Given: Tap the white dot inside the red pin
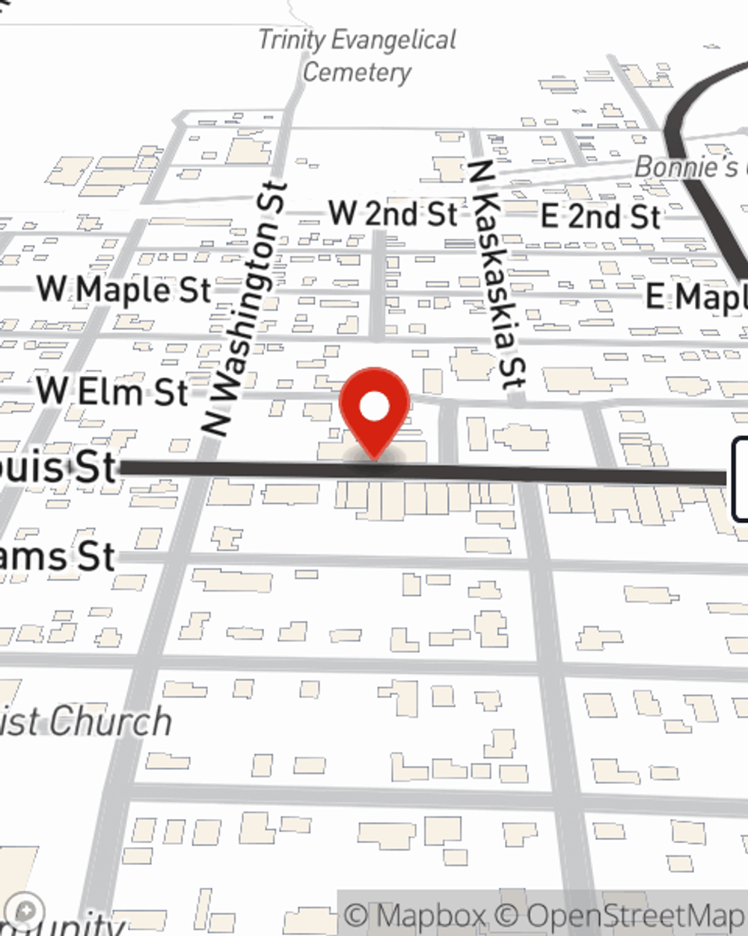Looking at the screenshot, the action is [375, 407].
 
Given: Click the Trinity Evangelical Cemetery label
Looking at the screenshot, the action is [357, 55].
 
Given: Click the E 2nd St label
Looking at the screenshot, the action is [601, 216].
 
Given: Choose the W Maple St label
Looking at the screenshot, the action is [125, 290].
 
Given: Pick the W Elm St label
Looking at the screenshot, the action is [113, 391].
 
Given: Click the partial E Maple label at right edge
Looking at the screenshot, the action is [696, 297].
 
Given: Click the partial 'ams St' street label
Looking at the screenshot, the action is [57, 557].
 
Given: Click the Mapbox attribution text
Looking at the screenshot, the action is [416, 916].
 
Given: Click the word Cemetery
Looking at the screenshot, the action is [357, 73].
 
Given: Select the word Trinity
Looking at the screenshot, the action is [292, 40].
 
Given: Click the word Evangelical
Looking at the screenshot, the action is [394, 40].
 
